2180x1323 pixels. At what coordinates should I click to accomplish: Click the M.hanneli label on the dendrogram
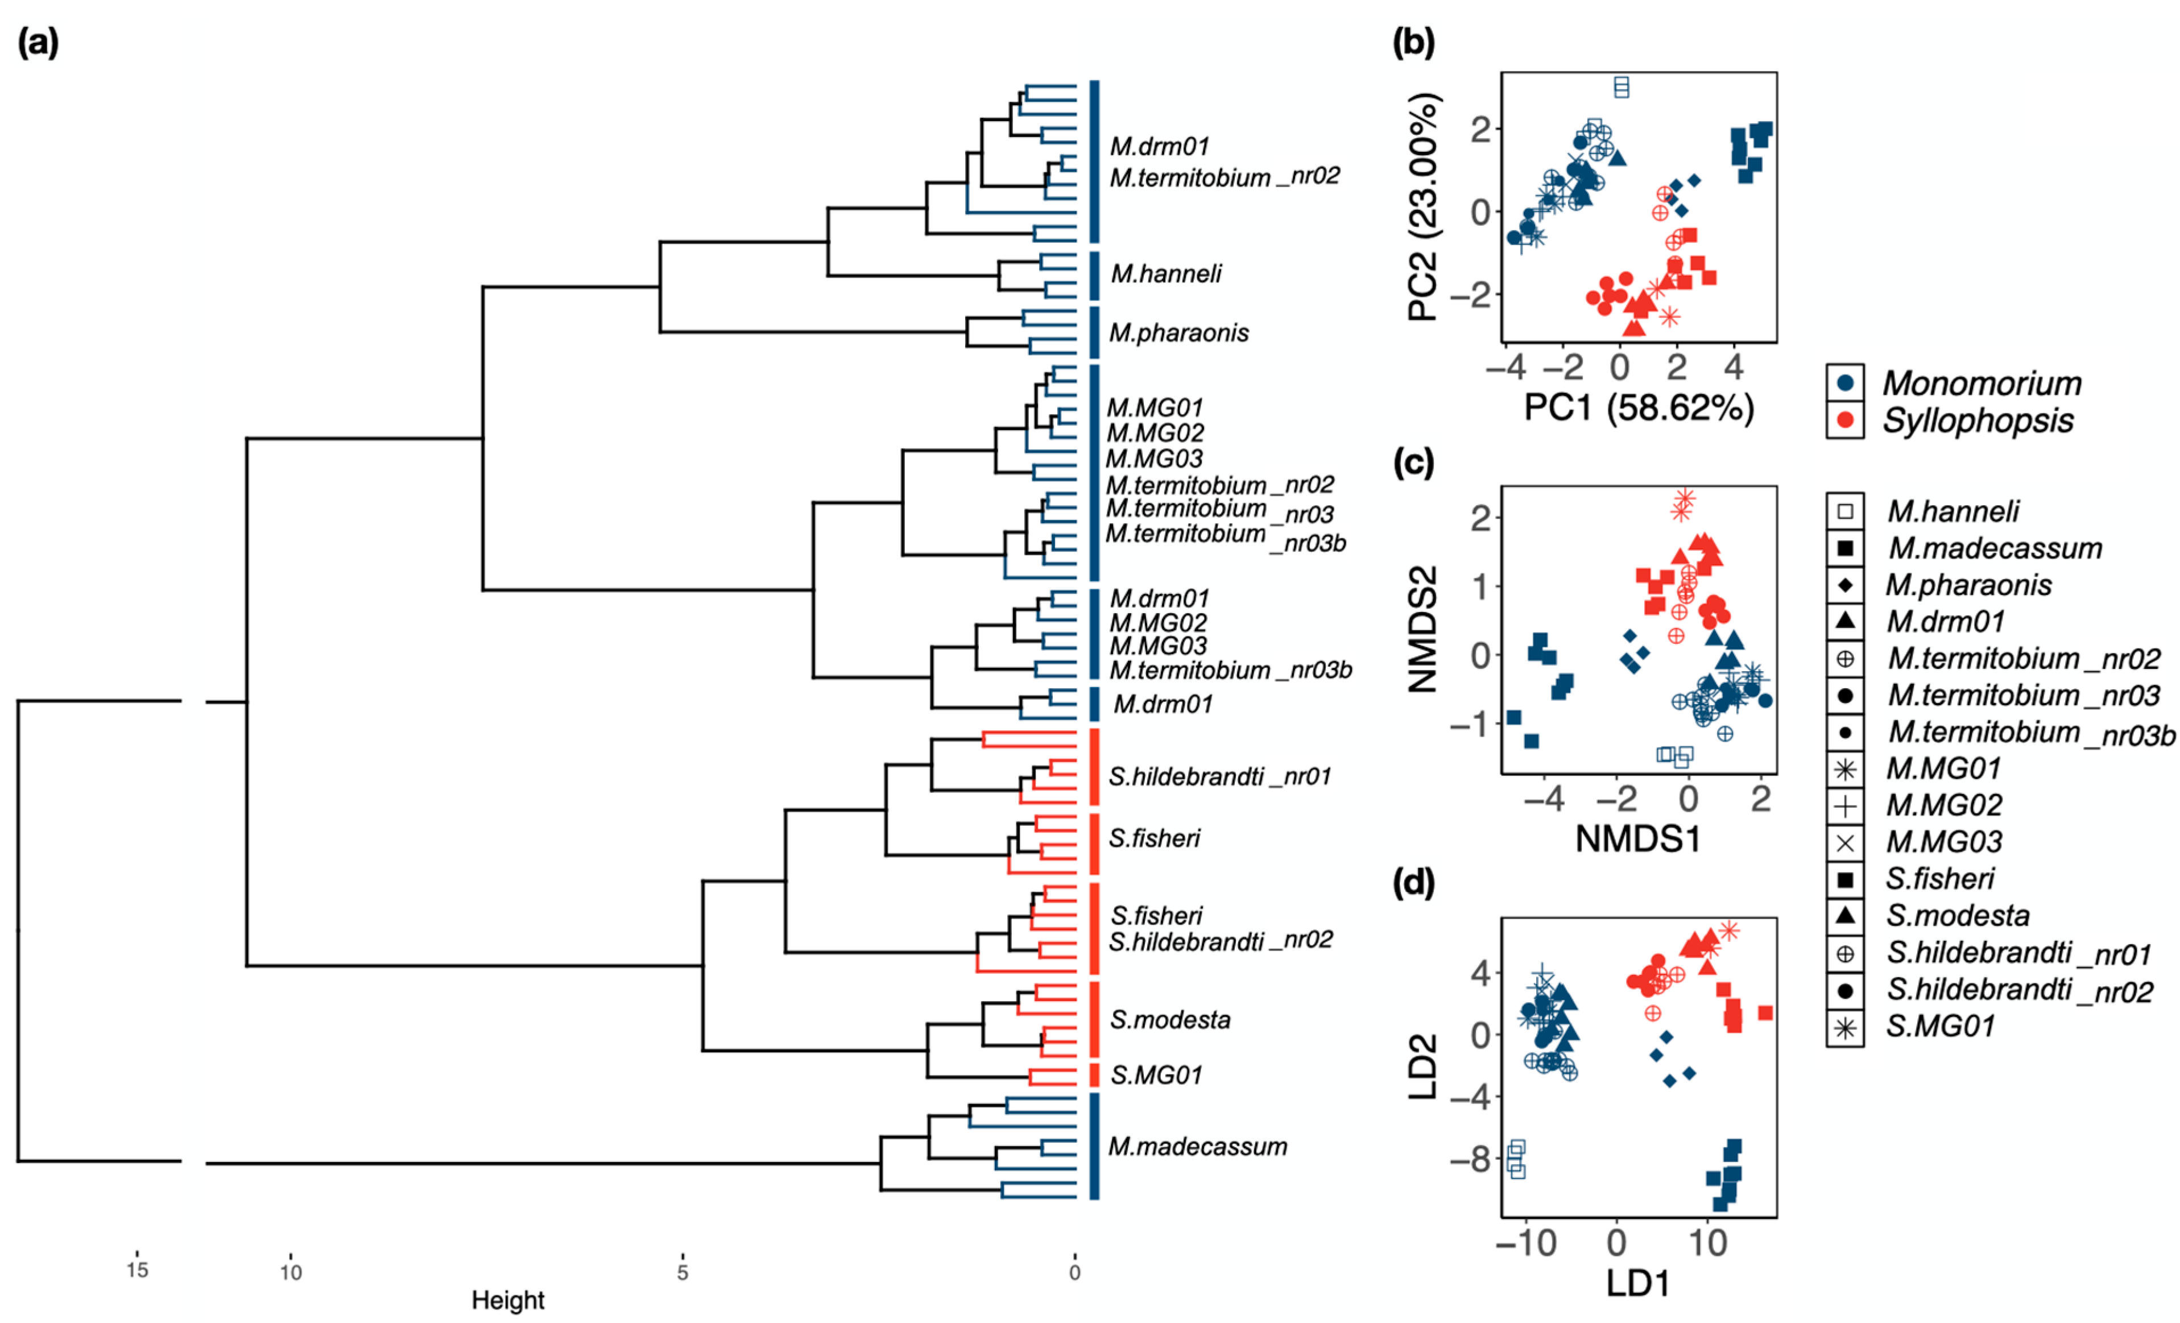click(1165, 274)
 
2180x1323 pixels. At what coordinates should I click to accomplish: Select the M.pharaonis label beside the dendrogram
click(1178, 333)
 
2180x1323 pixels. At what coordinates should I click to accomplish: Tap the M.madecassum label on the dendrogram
click(1197, 1146)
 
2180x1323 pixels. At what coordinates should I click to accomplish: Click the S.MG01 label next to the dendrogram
click(1156, 1074)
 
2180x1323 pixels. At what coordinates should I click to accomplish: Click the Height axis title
click(508, 1300)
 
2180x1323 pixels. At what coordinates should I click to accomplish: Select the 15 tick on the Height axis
click(137, 1270)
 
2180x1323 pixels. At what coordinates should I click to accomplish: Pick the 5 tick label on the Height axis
click(682, 1272)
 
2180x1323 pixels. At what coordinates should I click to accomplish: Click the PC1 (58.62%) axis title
click(1639, 408)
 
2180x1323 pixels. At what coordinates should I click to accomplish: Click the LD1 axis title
click(1639, 1283)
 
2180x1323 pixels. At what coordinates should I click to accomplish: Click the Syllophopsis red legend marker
click(1844, 419)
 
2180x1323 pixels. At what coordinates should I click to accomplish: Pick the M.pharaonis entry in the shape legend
click(1968, 585)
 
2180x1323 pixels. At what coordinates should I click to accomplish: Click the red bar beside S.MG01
click(1094, 1074)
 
